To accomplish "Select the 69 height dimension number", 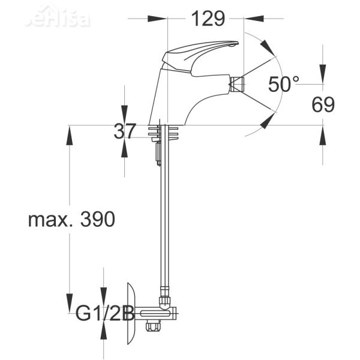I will tap(323, 104).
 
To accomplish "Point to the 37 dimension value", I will tap(125, 131).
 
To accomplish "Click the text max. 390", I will tap(71, 220).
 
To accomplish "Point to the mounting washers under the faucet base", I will tap(164, 132).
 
